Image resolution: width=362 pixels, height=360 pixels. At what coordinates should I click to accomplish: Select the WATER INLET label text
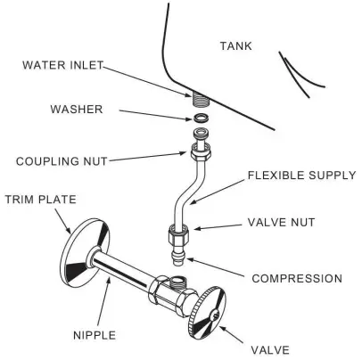(62, 64)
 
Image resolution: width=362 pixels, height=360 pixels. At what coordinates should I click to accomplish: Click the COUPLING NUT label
(60, 161)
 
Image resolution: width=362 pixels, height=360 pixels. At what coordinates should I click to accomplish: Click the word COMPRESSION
(297, 279)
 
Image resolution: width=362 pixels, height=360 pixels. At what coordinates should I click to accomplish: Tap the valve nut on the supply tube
(176, 239)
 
